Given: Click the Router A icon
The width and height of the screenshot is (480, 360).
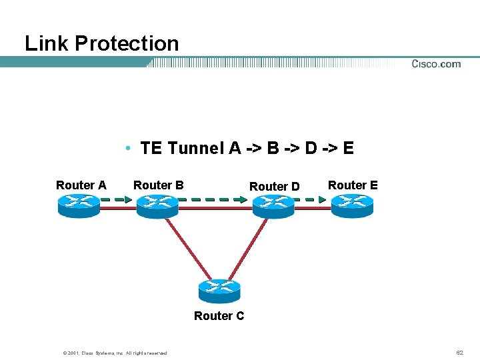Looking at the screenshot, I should click(78, 205).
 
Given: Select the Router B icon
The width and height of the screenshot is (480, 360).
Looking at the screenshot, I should click(158, 205).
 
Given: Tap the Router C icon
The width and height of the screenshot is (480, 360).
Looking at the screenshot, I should click(219, 291).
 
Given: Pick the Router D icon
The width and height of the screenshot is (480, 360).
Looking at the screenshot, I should click(273, 205).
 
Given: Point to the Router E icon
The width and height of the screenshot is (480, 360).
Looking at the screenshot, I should click(353, 205).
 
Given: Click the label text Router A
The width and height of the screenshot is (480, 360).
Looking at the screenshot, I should click(81, 185).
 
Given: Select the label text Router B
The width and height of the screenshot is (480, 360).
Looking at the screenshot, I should click(159, 185).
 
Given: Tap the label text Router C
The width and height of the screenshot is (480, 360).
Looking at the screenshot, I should click(219, 316).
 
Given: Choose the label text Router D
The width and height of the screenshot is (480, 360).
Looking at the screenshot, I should click(274, 187).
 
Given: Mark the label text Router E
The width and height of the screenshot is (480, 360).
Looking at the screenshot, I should click(353, 185).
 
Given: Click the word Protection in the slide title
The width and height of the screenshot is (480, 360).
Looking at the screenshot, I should click(127, 44).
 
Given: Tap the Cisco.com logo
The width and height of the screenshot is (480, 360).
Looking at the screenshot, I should click(436, 64).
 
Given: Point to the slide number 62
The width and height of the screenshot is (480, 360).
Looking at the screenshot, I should click(459, 352).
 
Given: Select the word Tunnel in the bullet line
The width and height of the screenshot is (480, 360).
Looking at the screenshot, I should click(197, 148).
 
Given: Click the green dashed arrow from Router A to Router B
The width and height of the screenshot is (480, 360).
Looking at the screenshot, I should click(119, 199).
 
